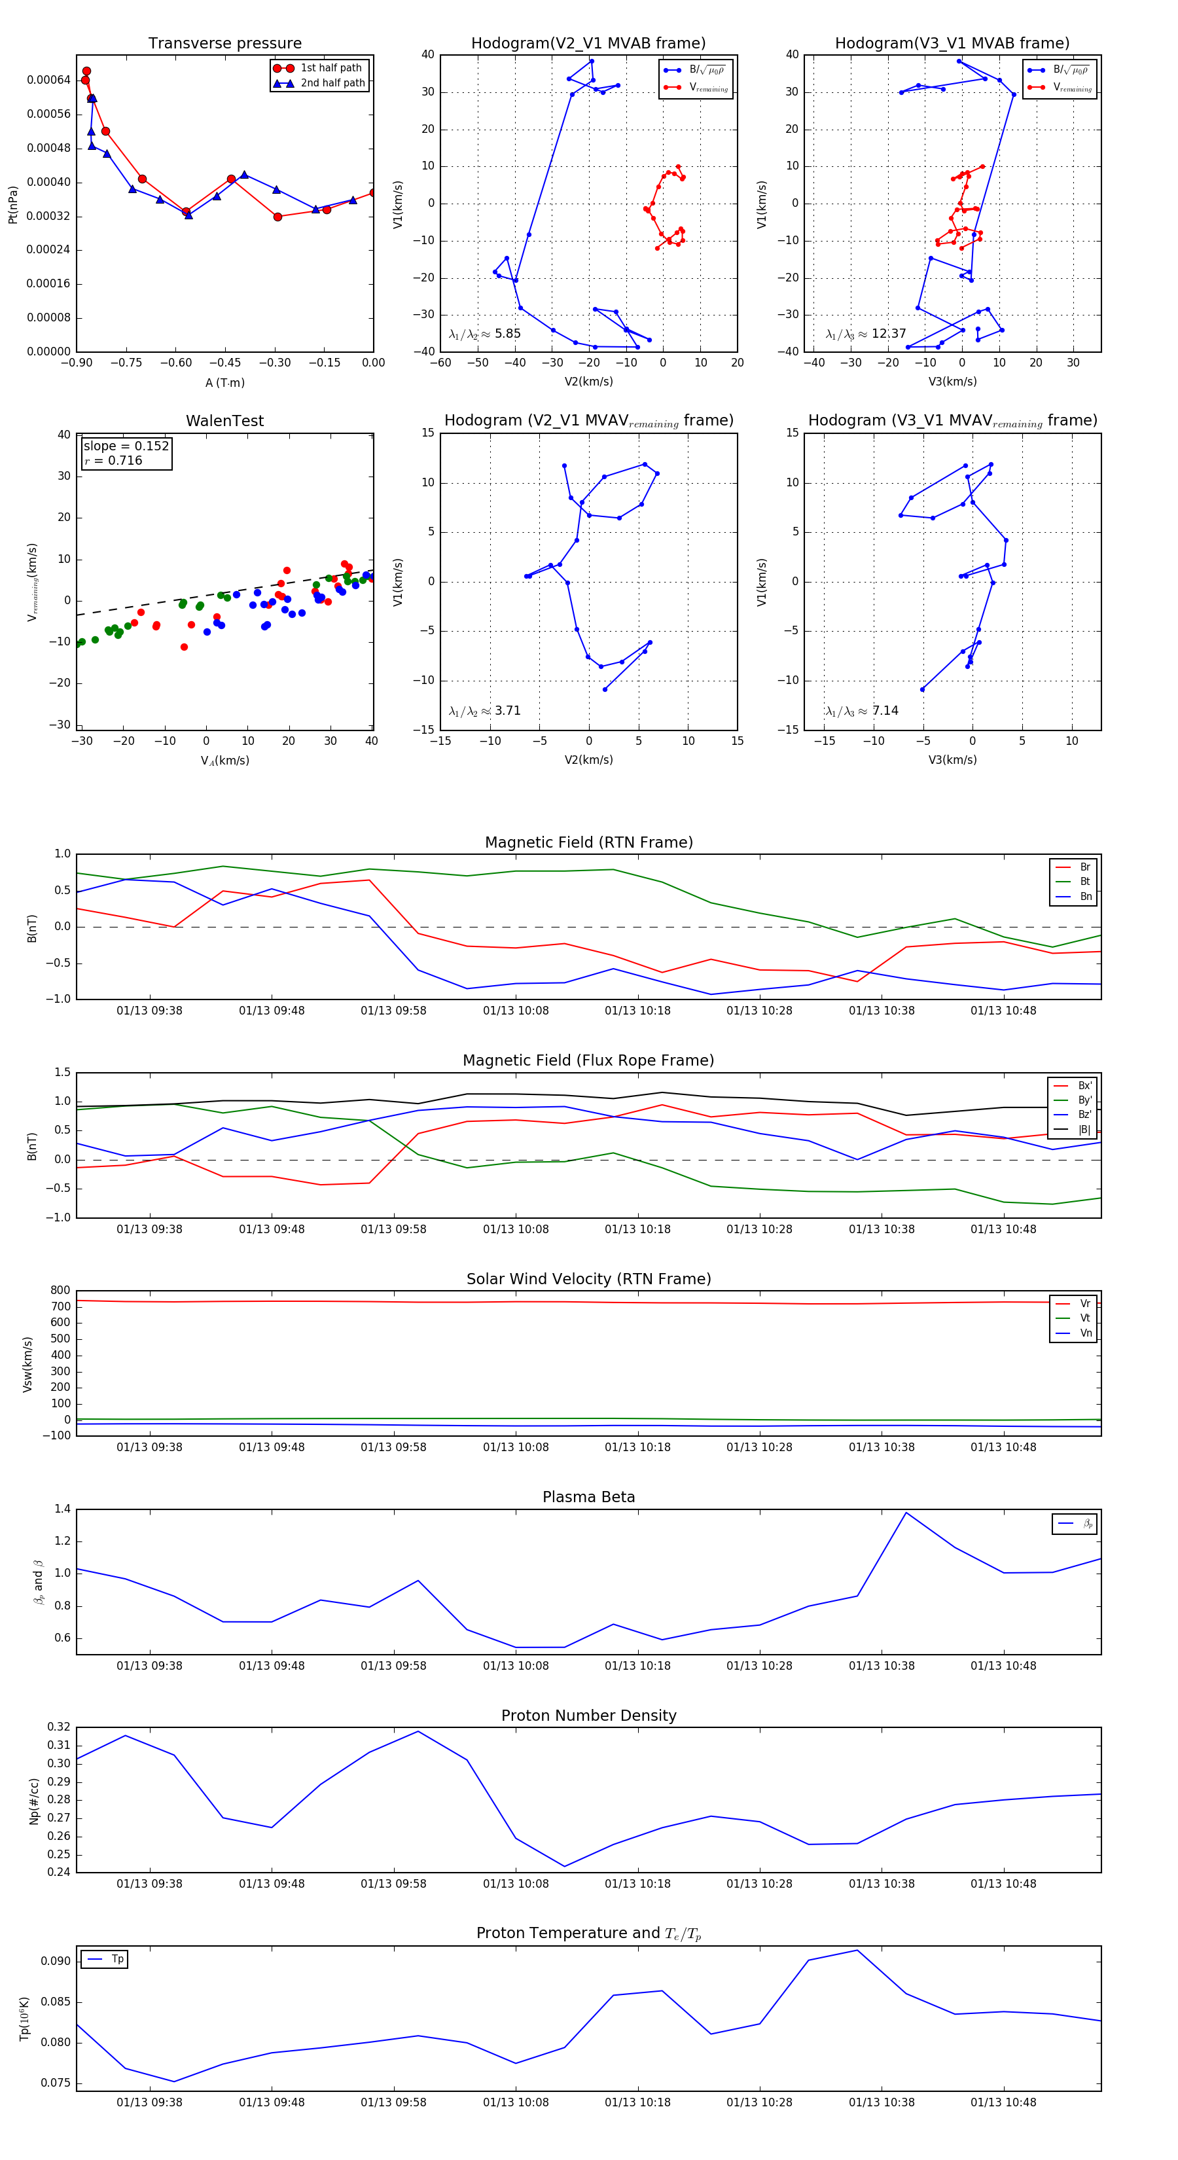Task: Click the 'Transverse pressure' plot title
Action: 224,44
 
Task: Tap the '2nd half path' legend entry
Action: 332,83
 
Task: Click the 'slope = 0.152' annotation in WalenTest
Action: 126,446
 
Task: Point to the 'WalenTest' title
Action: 224,421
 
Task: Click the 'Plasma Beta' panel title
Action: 588,1497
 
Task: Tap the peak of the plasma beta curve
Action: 906,1513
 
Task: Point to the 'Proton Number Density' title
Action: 588,1716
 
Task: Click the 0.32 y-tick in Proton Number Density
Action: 59,1727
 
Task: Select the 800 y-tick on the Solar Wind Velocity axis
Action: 60,1291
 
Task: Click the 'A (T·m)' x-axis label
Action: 224,383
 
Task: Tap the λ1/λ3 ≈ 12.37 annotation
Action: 865,334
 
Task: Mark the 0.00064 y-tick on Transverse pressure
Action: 48,80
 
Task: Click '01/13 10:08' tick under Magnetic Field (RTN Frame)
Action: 516,1011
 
